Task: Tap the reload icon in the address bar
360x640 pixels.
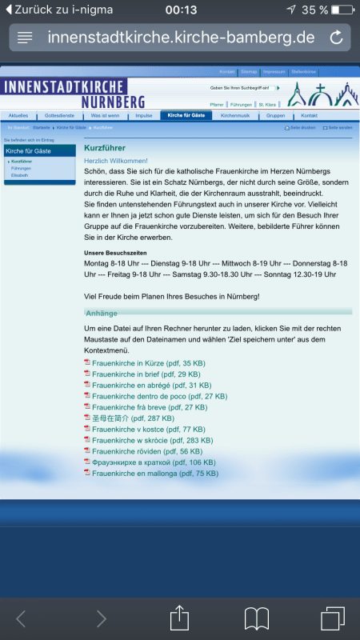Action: pos(336,37)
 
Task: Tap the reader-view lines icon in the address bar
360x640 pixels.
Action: pos(25,38)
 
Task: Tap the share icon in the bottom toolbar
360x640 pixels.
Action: pos(179,618)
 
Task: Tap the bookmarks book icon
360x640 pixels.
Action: pos(256,618)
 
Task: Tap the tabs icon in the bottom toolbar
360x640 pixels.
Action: pos(332,618)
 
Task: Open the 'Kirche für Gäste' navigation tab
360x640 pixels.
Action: pos(186,115)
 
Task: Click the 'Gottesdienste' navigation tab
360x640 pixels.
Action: pos(62,115)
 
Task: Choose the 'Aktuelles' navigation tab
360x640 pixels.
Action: pos(18,115)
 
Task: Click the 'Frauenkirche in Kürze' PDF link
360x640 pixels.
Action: pos(148,362)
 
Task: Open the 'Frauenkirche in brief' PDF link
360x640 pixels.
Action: pos(146,374)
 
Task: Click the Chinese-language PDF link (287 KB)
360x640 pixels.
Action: pos(133,418)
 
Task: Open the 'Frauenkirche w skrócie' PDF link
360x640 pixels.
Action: pos(152,440)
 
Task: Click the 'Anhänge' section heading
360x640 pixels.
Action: pos(102,312)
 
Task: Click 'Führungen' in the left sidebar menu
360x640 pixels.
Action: pos(22,168)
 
